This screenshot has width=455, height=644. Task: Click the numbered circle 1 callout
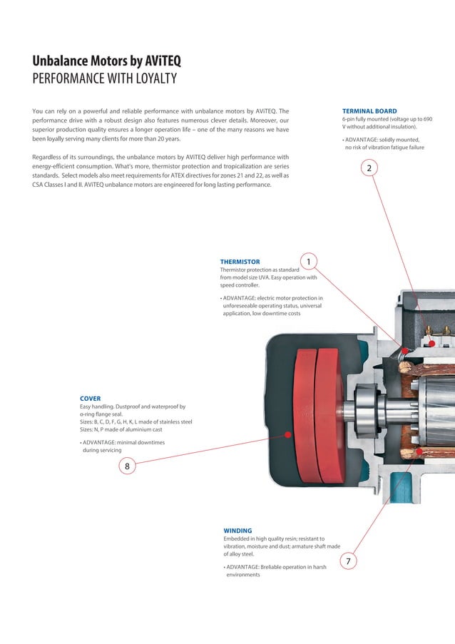coord(308,262)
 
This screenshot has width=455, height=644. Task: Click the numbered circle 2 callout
coord(369,168)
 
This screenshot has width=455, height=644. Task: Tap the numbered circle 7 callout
coord(347,561)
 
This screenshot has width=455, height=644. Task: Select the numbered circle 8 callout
coord(127,466)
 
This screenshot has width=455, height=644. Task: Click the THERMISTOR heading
coord(240,262)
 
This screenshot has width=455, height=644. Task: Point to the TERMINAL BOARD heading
coord(369,111)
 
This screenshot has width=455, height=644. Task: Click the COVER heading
coord(90,399)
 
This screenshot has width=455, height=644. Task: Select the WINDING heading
coord(237,531)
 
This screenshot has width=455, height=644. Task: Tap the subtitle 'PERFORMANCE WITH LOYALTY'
coord(104,78)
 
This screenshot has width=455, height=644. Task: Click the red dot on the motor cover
coord(287,434)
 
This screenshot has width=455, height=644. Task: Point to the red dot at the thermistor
coord(404,350)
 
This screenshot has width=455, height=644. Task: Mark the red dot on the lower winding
coord(419,451)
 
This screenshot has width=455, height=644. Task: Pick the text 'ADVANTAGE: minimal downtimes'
coord(123,442)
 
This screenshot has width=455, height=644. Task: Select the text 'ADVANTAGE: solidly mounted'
coord(382,139)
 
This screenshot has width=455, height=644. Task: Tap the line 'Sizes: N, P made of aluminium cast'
coord(121,429)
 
